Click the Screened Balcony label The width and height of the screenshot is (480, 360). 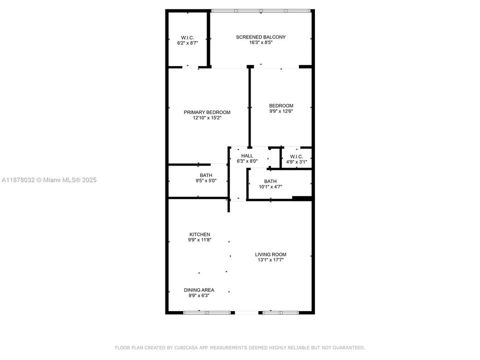click(260, 37)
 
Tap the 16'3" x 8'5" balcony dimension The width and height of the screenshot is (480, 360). click(260, 43)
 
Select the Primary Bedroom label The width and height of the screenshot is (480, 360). click(207, 112)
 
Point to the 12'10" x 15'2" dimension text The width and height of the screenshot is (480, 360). click(207, 118)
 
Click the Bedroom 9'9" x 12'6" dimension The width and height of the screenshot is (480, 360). click(281, 111)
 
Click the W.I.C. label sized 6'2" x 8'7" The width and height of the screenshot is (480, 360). click(187, 37)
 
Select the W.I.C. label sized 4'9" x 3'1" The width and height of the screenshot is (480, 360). click(296, 156)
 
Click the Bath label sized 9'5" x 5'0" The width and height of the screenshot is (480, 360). click(206, 175)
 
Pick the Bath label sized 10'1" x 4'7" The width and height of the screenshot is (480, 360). click(270, 181)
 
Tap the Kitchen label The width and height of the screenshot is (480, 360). click(199, 234)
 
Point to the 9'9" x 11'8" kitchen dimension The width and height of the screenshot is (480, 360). click(199, 240)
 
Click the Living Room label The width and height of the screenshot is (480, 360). click(270, 254)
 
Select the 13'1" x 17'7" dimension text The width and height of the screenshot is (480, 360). click(270, 260)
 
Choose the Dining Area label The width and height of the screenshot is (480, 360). click(199, 290)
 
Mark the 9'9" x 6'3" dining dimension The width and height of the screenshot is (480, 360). click(199, 296)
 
